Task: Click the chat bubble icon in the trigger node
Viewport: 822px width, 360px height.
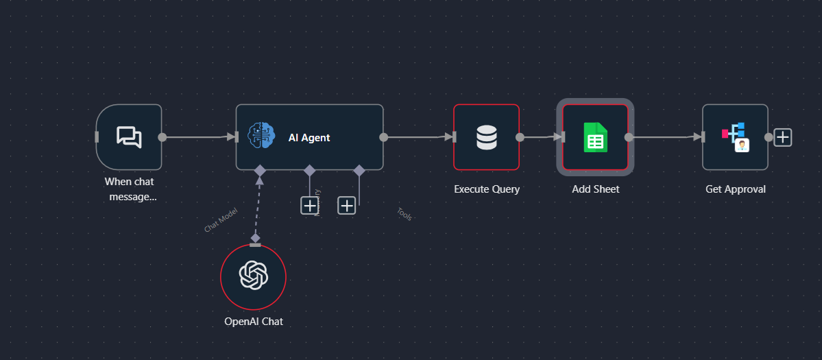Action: pos(129,137)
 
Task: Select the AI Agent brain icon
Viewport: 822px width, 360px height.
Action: pos(261,137)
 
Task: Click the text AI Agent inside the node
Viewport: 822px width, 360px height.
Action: pos(309,138)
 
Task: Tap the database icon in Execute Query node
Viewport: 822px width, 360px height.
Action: pos(486,137)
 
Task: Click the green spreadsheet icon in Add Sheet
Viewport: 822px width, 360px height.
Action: pos(595,137)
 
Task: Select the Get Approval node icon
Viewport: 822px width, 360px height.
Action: pos(734,137)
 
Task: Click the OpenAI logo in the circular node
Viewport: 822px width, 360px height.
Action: pos(253,276)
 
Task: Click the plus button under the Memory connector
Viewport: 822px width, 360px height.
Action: pos(310,205)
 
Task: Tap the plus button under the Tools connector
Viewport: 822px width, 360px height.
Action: pos(347,205)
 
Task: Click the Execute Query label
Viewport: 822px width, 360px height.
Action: pos(487,189)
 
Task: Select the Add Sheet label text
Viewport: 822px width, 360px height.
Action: pos(595,189)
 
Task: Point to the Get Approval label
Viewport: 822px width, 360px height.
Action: pos(735,189)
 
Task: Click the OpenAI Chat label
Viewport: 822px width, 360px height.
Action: pos(253,322)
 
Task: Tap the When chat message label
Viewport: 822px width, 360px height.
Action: pos(130,189)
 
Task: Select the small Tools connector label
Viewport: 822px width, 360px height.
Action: pos(404,214)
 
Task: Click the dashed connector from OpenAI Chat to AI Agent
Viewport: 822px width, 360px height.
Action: pos(258,206)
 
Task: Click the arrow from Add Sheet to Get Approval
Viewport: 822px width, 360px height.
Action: pos(665,137)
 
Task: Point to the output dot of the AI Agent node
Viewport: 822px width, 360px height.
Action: pos(383,137)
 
